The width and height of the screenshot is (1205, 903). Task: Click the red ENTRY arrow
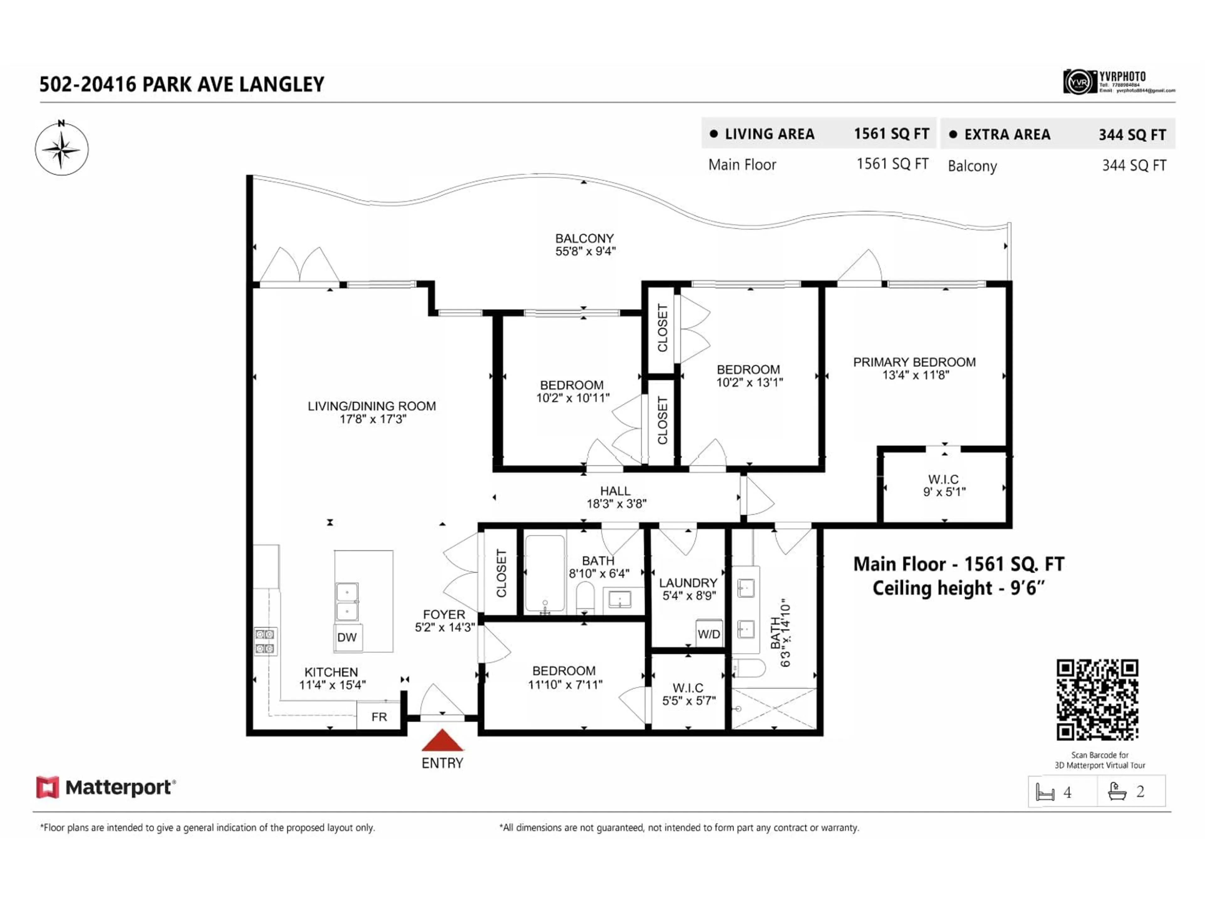(442, 741)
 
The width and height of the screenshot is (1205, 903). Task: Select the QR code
(1097, 700)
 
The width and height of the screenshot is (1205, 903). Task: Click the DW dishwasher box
(347, 637)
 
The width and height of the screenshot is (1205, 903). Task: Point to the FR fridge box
(379, 717)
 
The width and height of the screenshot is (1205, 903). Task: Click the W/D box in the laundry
(709, 634)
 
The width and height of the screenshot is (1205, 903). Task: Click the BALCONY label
(584, 238)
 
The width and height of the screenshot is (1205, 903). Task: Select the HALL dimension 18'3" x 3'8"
(616, 504)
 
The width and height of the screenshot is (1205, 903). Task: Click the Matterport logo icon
(47, 788)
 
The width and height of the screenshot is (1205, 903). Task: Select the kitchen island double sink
(347, 601)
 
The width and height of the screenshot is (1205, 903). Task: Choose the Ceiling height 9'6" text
(958, 589)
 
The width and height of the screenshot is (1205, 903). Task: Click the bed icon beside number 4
(1045, 792)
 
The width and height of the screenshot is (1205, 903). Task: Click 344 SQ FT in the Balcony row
(1134, 166)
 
